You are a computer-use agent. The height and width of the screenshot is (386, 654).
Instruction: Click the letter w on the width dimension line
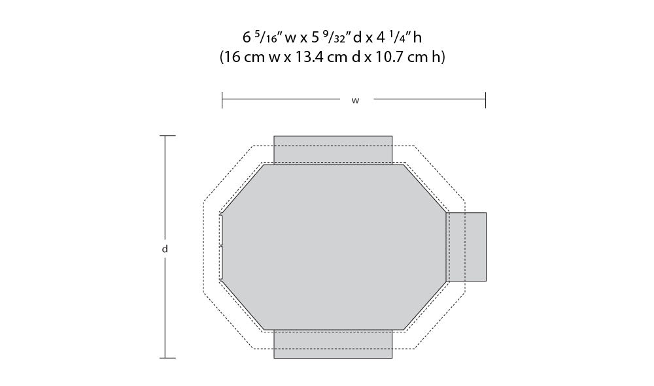click(355, 101)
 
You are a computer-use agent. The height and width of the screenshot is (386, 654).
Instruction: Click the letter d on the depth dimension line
click(165, 249)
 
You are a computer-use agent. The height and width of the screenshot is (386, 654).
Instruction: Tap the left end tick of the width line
click(222, 101)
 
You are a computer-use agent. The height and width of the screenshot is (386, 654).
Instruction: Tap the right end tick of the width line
click(485, 101)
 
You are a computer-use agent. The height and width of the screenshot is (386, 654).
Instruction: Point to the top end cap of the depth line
click(167, 136)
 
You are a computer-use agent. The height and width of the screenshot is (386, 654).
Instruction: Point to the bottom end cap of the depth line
click(167, 358)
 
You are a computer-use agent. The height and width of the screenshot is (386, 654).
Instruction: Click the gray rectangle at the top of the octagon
click(333, 150)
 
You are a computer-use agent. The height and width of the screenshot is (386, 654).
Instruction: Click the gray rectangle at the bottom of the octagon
click(333, 344)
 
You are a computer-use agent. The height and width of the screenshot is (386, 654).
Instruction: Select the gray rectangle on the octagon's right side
click(466, 247)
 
